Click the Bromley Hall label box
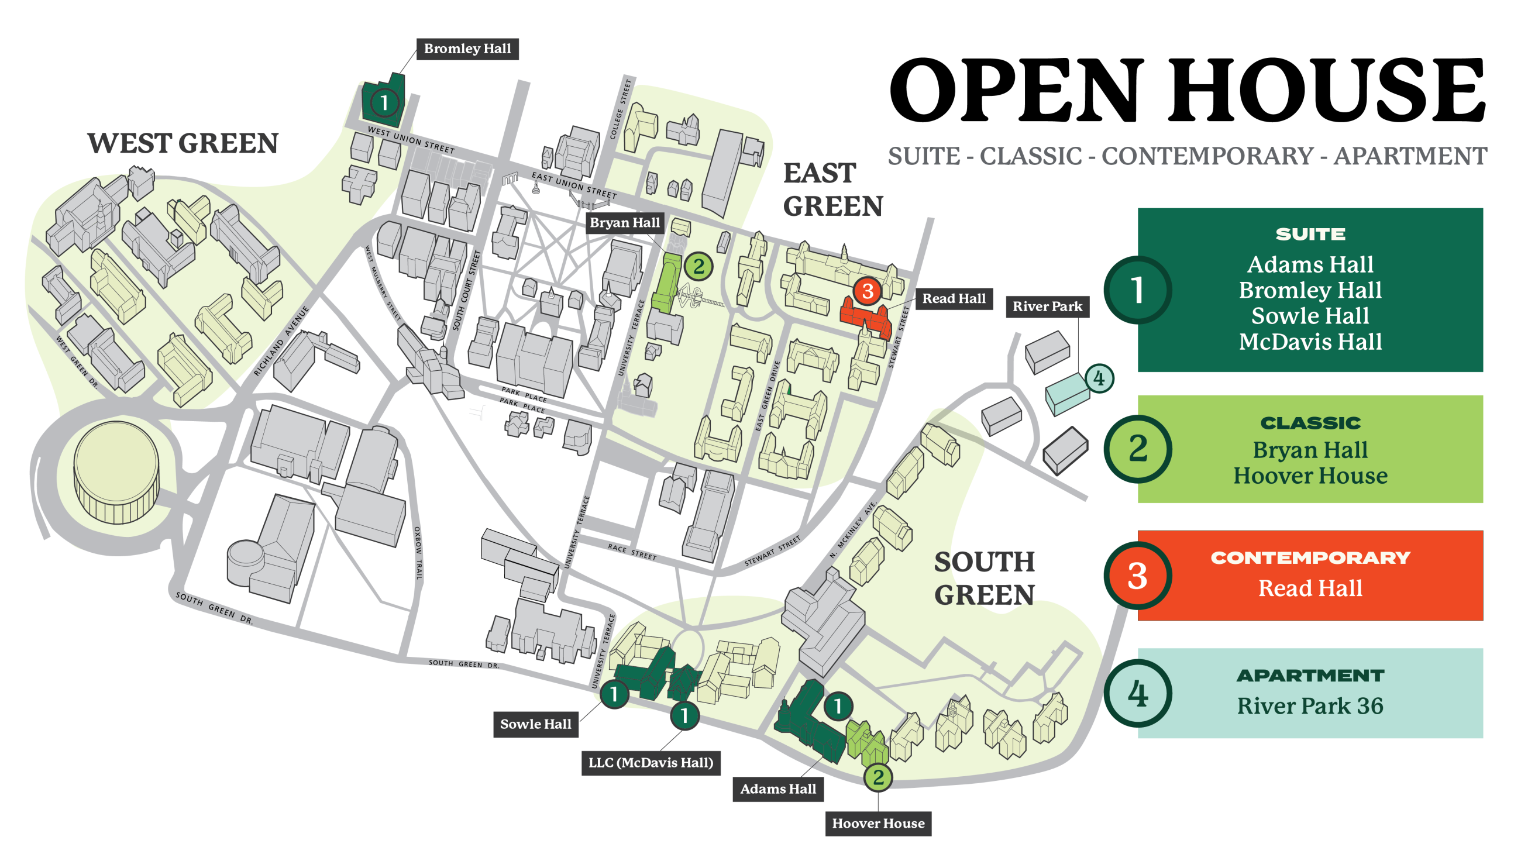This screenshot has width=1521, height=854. click(467, 49)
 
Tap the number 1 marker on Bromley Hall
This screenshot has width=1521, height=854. click(384, 103)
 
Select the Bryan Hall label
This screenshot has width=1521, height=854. click(625, 223)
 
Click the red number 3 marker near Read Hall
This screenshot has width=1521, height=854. click(867, 291)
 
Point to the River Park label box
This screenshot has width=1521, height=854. click(1047, 307)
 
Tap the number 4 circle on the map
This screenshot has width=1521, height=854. click(1098, 378)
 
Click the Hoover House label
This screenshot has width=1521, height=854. click(878, 824)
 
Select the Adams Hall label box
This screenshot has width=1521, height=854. click(777, 789)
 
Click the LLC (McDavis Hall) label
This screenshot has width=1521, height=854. click(651, 763)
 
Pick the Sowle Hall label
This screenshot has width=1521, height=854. click(535, 724)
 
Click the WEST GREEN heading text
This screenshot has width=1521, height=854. click(183, 143)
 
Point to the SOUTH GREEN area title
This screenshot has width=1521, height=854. click(985, 578)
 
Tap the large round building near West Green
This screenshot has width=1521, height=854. click(116, 472)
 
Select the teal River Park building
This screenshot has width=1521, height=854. click(1066, 394)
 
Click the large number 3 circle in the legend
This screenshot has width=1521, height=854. click(1137, 576)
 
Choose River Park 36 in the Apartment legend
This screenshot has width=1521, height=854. click(1310, 706)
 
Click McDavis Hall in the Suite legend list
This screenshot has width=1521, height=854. click(1310, 342)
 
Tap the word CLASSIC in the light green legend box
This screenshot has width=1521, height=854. click(1310, 423)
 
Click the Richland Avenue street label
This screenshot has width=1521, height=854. click(281, 342)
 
